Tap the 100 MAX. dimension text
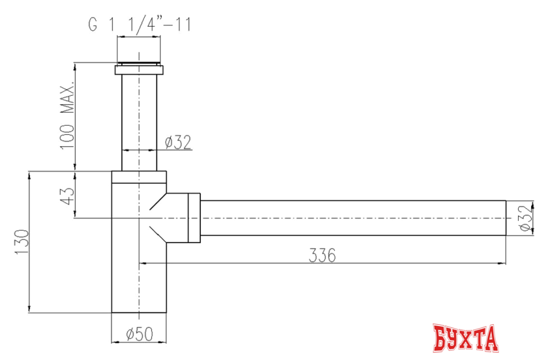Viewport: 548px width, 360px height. [69, 117]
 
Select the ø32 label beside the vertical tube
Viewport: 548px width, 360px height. [178, 142]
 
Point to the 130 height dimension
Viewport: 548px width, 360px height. [22, 243]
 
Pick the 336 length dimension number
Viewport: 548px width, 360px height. [322, 256]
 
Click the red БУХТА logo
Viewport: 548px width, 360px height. [466, 338]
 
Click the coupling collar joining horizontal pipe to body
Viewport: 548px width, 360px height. [194, 217]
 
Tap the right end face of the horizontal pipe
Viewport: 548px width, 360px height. [507, 217]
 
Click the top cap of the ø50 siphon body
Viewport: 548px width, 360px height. [139, 177]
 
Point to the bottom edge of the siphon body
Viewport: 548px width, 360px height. [139, 313]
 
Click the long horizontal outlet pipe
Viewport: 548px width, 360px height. [352, 217]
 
